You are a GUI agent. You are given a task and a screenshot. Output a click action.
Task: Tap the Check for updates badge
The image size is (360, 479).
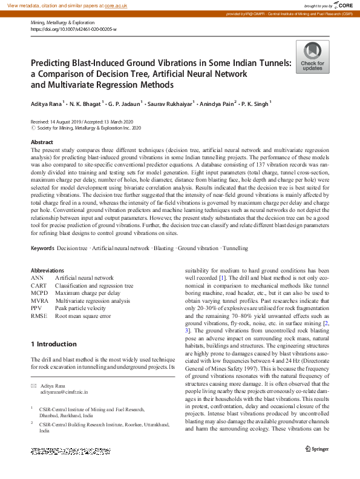312,57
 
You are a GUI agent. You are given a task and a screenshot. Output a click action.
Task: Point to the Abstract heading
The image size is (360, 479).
42,142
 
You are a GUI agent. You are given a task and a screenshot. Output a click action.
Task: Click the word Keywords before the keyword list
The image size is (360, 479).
42,248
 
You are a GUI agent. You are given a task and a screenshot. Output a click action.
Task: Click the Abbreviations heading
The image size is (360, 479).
47,271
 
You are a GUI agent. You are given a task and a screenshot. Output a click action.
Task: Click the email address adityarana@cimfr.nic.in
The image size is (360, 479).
64,392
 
